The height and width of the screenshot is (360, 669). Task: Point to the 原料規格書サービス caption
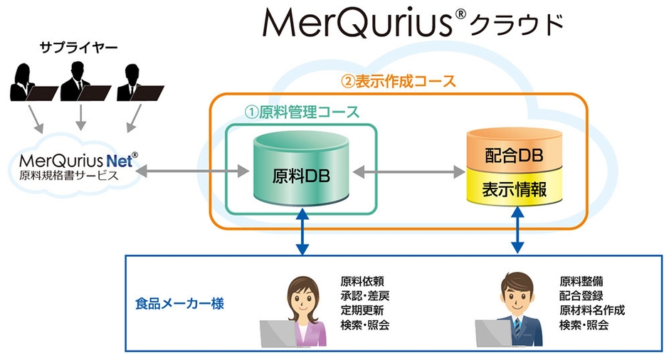(x=68, y=175)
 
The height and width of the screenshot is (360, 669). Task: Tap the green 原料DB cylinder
(x=302, y=171)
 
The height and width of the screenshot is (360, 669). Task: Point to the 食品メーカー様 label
(x=179, y=304)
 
